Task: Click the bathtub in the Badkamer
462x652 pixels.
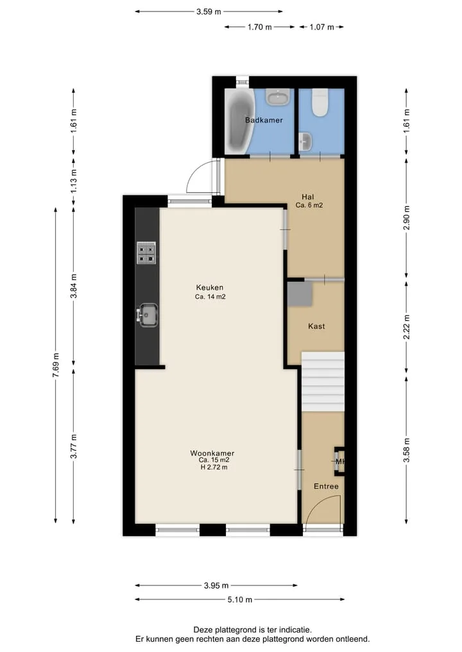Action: [x=238, y=121]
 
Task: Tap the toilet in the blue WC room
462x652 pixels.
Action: [x=320, y=103]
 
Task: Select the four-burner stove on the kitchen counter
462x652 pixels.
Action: [x=146, y=253]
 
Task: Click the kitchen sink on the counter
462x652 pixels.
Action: [x=148, y=315]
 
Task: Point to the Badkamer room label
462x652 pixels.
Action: [x=264, y=120]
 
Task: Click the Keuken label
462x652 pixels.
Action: [x=210, y=287]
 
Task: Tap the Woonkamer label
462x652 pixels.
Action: [x=212, y=453]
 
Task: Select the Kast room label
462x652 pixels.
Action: [x=316, y=326]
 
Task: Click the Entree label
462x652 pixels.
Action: [x=326, y=486]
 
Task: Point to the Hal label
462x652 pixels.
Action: [x=308, y=197]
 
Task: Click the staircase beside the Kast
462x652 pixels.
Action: [x=323, y=381]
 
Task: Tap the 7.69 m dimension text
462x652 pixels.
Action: [x=56, y=365]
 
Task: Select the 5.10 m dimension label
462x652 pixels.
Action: [x=240, y=599]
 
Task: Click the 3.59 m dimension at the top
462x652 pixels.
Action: [x=209, y=12]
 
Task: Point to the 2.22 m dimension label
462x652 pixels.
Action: [x=407, y=327]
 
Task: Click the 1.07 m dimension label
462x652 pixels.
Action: [x=321, y=27]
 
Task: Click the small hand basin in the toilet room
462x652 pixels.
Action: [x=305, y=142]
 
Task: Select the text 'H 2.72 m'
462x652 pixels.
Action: [x=214, y=467]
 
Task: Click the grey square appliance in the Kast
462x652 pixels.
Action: [x=300, y=294]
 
